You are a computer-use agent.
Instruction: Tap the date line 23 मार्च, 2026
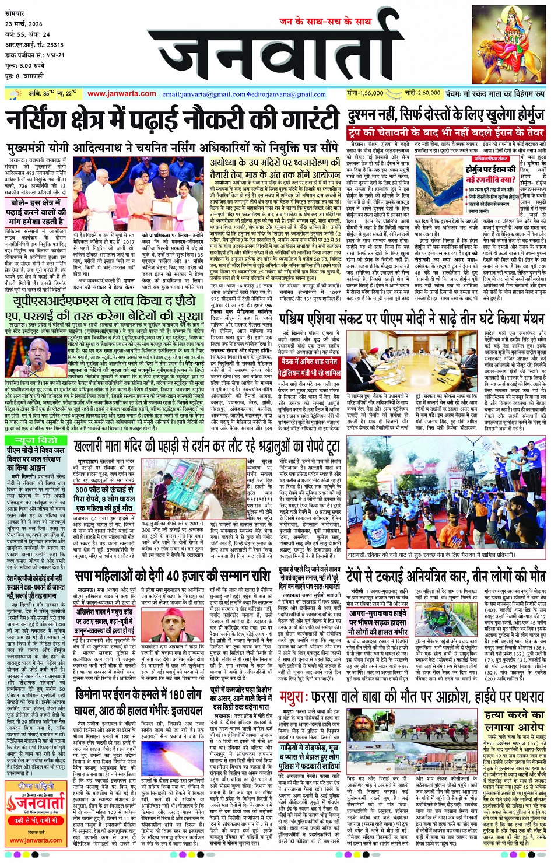click(x=24, y=24)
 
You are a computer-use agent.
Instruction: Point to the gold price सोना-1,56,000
click(x=365, y=93)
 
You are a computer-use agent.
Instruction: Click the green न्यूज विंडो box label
click(x=36, y=440)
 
